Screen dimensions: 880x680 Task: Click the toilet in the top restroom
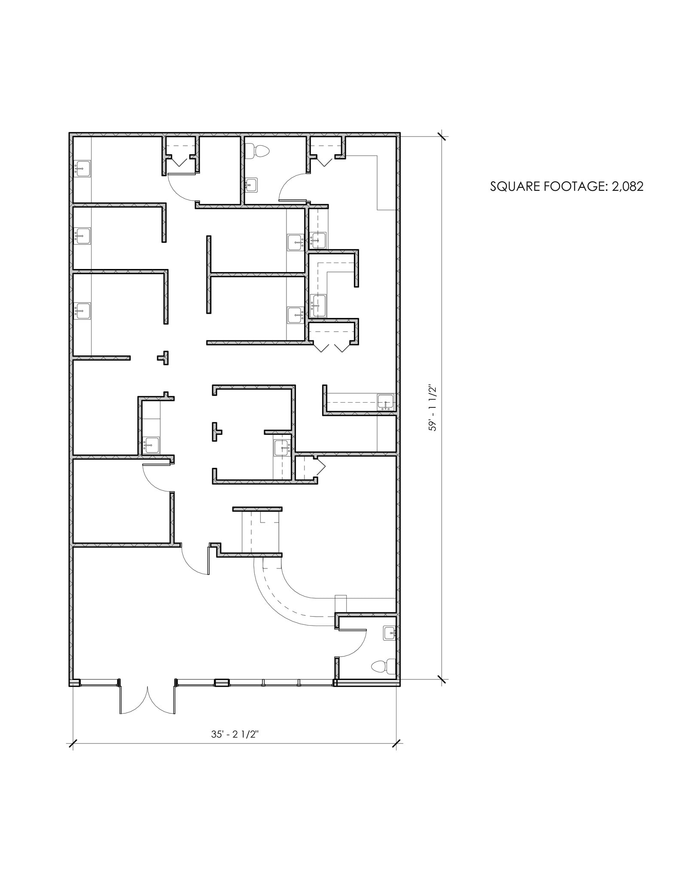coord(259,151)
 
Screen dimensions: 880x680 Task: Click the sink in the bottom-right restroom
coord(389,633)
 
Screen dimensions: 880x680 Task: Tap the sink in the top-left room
coord(82,168)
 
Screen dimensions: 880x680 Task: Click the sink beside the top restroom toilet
coord(252,185)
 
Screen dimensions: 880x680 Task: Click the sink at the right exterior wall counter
coord(385,402)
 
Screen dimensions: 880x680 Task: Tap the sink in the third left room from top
coord(82,311)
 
